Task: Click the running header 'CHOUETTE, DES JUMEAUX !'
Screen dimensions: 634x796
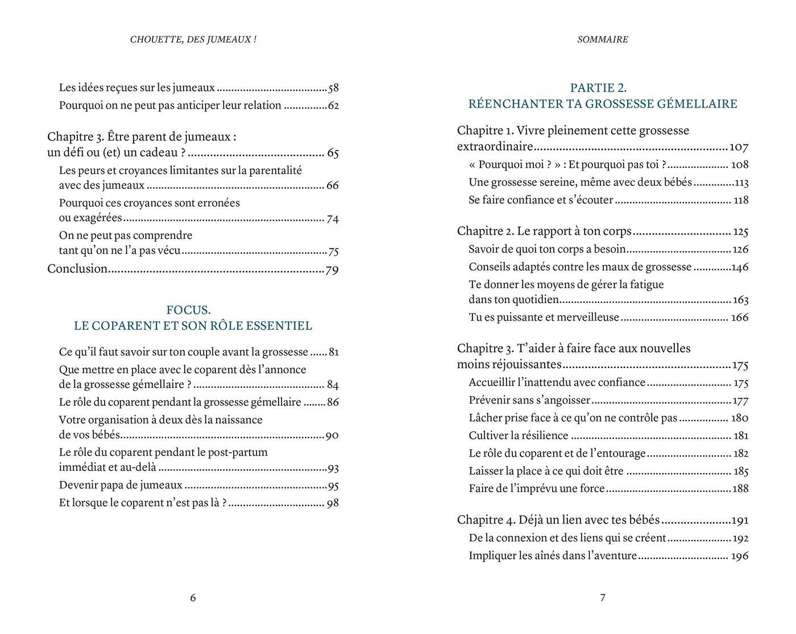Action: pos(193,40)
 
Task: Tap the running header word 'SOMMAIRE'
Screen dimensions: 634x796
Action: pos(603,40)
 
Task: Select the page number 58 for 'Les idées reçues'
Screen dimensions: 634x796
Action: pos(333,88)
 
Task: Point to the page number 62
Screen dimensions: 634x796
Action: pos(333,106)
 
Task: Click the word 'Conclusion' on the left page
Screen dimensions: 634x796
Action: pos(77,269)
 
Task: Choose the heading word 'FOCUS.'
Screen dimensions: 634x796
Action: pos(188,310)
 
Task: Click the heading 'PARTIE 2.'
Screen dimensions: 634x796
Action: pos(598,88)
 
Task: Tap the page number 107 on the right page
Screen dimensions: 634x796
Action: pos(739,147)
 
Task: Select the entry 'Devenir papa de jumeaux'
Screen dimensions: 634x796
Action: pos(121,486)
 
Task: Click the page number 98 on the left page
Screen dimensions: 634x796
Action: pos(333,503)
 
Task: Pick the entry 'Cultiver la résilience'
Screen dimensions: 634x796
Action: pos(519,436)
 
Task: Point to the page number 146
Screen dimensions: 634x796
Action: pos(740,267)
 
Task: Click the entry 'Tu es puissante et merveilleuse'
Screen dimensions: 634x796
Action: pos(544,318)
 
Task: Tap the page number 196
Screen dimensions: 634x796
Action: pos(739,556)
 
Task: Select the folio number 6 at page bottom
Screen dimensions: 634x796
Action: pos(193,598)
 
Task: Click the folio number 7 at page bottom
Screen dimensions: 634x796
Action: pos(603,598)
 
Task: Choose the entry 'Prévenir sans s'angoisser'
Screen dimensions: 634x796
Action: pos(529,401)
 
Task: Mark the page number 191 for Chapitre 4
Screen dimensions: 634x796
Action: pos(740,520)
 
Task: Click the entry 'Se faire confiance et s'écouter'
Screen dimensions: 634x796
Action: pos(541,200)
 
